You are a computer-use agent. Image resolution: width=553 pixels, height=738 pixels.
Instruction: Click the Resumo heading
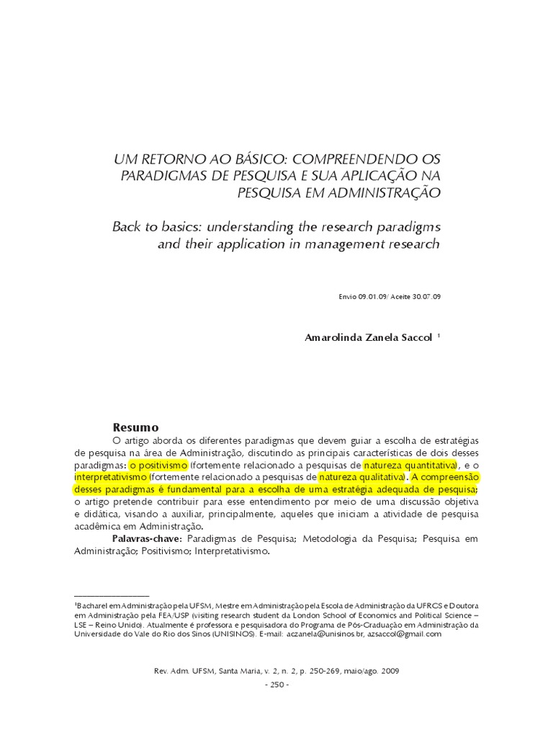tap(135, 427)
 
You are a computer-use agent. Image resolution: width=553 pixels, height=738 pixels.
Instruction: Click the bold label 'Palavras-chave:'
tap(148, 538)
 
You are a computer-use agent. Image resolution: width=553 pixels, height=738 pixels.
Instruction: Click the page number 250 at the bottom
tap(276, 684)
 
